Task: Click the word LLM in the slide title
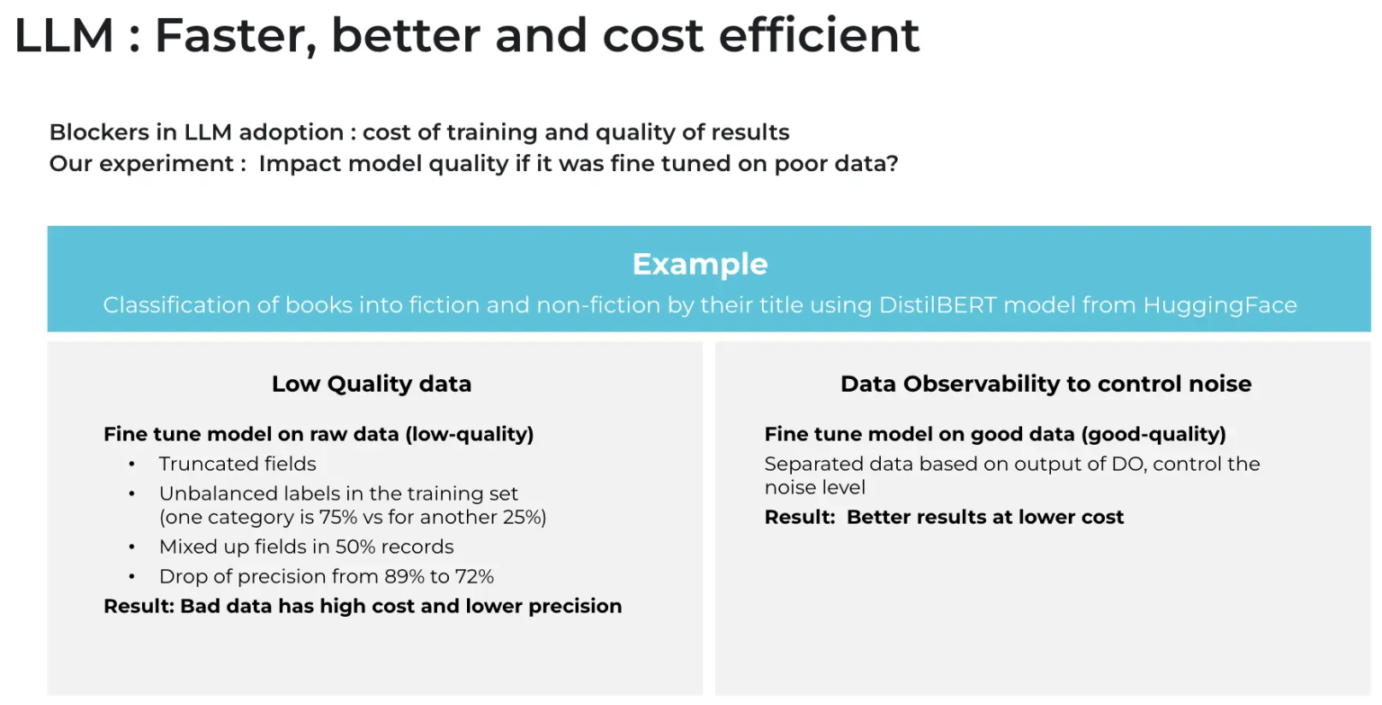(x=64, y=37)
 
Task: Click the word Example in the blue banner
(x=699, y=265)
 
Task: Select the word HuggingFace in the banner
(x=1220, y=305)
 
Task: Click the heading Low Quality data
(x=372, y=384)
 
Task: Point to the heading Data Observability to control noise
(x=1045, y=384)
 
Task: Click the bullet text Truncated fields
(x=238, y=465)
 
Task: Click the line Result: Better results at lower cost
(x=944, y=518)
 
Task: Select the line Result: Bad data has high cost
(x=363, y=606)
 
